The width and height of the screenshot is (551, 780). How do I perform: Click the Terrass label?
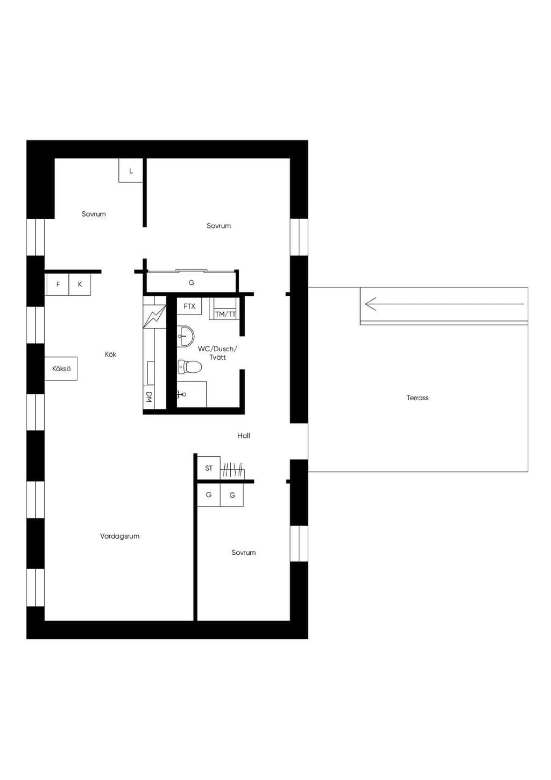point(417,398)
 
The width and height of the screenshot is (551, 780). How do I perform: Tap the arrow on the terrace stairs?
point(444,304)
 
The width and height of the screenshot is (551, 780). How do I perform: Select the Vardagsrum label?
point(119,537)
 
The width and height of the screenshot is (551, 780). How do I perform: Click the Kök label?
point(111,354)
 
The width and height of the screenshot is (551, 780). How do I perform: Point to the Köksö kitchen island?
point(61,368)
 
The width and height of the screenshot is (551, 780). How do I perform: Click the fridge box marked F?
point(58,284)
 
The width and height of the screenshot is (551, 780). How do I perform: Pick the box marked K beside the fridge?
point(80,284)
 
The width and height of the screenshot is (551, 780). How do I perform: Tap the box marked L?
point(131,171)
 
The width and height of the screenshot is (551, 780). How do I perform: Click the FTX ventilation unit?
point(189,306)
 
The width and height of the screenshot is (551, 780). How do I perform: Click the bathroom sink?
point(186,336)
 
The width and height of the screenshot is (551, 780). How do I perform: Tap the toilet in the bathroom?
point(189,367)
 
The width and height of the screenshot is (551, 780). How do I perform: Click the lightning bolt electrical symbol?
point(154,317)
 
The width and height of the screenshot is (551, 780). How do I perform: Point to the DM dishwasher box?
point(149,396)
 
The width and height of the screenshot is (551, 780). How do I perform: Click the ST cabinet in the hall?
point(209,468)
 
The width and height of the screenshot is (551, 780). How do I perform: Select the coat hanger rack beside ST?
point(232,470)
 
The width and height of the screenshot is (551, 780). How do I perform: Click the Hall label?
point(244,436)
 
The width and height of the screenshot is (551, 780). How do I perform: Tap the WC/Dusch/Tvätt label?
point(218,353)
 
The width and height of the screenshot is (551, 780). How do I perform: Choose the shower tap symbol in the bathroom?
point(181,394)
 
